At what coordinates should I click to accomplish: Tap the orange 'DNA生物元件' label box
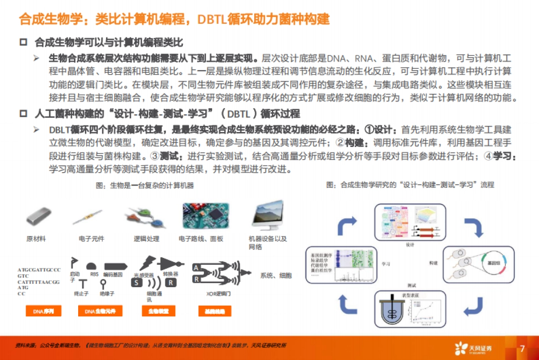(97, 311)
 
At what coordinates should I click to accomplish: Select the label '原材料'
(36, 239)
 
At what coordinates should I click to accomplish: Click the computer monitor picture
(268, 214)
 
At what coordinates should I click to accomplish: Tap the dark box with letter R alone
(170, 282)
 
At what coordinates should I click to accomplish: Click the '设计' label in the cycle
(410, 245)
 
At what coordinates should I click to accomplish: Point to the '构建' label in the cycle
(433, 262)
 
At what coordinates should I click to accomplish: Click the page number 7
(522, 349)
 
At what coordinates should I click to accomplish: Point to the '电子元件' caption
(91, 239)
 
